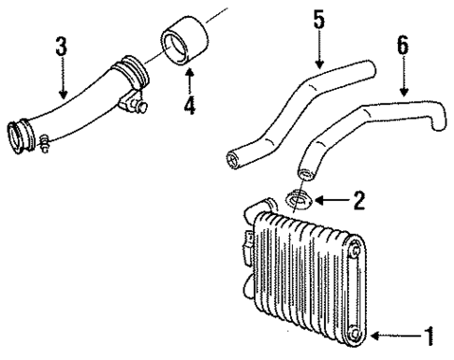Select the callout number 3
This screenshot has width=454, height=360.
tap(62, 45)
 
